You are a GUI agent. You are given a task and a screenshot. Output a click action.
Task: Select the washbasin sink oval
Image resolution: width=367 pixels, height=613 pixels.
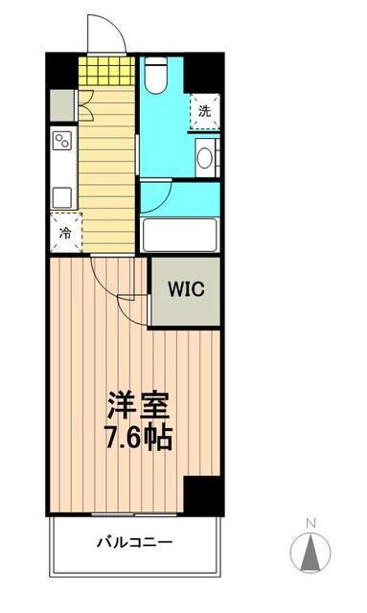204,157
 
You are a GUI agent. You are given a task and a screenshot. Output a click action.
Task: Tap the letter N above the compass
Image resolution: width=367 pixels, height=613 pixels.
310,522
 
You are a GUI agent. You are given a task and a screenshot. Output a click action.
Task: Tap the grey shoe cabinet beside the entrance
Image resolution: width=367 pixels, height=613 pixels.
62,103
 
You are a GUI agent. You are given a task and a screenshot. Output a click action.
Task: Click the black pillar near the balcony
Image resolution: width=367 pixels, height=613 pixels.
202,495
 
